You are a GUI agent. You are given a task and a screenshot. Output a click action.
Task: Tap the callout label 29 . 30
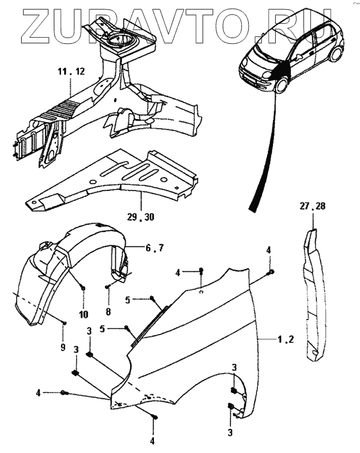pyautogui.click(x=141, y=217)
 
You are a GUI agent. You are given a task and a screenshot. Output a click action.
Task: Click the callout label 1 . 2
pyautogui.click(x=284, y=339)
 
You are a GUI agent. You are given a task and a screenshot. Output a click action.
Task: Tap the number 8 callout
pyautogui.click(x=107, y=312)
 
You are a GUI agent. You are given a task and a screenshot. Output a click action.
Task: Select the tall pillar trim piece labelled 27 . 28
pyautogui.click(x=313, y=294)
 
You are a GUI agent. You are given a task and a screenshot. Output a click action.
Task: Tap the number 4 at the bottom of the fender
pyautogui.click(x=152, y=441)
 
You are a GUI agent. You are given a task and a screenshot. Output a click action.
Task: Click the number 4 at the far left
pyautogui.click(x=39, y=393)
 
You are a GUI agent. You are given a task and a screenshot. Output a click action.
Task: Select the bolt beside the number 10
pyautogui.click(x=83, y=287)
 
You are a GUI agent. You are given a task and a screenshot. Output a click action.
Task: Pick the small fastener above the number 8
pyautogui.click(x=107, y=287)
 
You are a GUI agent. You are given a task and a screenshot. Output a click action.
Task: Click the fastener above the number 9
pyautogui.click(x=65, y=323)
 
